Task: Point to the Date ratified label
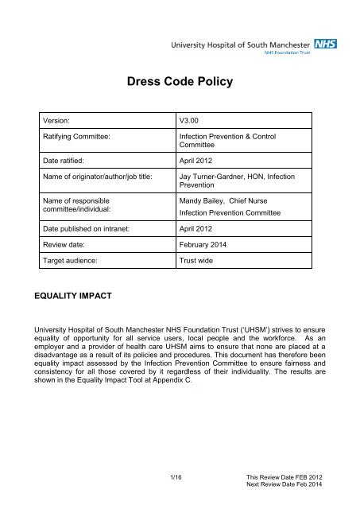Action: click(75, 166)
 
